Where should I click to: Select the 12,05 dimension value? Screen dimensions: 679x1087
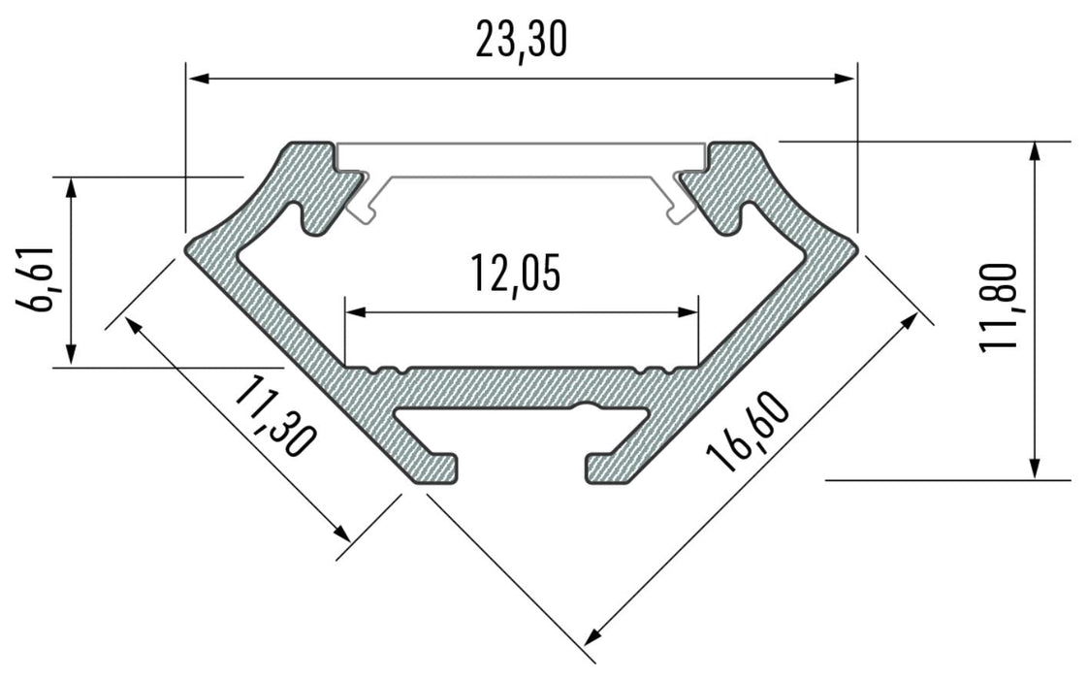click(x=516, y=273)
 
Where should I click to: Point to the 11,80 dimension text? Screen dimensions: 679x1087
click(x=999, y=307)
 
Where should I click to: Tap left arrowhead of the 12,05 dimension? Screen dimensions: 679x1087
click(x=354, y=312)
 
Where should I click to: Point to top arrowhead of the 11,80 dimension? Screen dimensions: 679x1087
click(x=1036, y=150)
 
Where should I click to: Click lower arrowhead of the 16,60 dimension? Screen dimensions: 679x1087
click(x=590, y=639)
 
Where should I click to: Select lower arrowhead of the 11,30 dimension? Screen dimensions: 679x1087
click(x=343, y=534)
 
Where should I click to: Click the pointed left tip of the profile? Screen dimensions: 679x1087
click(x=187, y=246)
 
